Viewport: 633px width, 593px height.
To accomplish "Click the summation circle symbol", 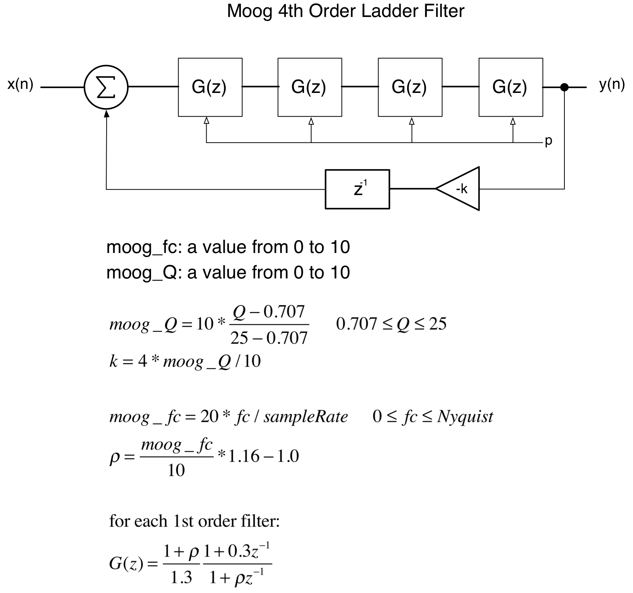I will [x=106, y=87].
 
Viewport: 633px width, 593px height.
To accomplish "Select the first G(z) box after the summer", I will [x=210, y=87].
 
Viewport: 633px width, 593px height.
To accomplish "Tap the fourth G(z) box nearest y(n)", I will [x=511, y=87].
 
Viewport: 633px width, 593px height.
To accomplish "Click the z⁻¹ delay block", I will [x=357, y=189].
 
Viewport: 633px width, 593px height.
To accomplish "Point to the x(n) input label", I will [x=20, y=85].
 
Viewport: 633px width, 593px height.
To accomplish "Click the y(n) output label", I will [x=612, y=85].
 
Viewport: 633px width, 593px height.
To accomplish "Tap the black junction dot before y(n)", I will [x=564, y=87].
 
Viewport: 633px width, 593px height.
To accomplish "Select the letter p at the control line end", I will [x=549, y=141].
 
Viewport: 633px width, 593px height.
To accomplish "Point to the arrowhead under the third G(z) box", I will [x=412, y=121].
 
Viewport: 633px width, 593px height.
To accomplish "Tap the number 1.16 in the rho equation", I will [x=244, y=457].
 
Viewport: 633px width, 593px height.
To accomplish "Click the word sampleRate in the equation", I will [x=305, y=417].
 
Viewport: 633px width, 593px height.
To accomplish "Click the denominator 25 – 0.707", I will [x=269, y=338].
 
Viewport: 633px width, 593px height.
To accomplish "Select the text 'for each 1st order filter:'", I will [x=194, y=521].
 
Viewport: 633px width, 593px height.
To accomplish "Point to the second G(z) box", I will [x=309, y=87].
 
